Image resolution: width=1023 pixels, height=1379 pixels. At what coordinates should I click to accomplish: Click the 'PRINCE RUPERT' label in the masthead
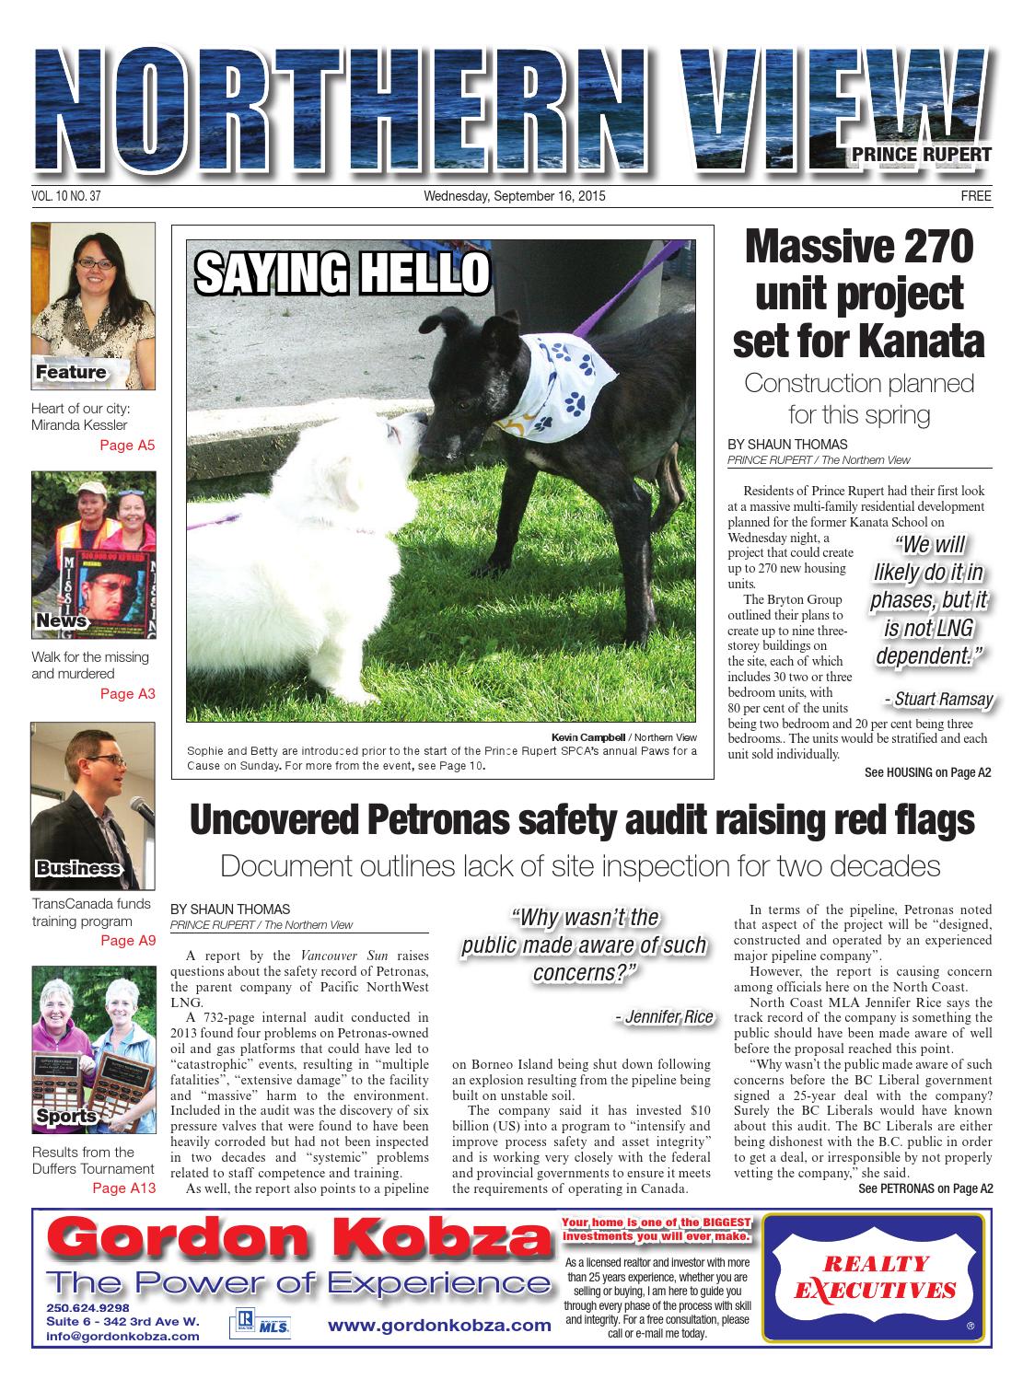coord(926,155)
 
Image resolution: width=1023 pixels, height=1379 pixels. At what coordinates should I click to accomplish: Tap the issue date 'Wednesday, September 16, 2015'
coord(514,196)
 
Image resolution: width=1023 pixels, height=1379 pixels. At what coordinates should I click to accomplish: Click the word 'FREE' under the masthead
coord(976,196)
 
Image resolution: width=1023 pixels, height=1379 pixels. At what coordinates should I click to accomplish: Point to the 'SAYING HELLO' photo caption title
coord(342,272)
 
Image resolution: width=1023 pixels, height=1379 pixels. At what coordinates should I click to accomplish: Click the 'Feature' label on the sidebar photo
coord(71,373)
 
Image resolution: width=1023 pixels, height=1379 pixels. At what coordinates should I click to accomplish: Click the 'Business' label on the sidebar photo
coord(78,868)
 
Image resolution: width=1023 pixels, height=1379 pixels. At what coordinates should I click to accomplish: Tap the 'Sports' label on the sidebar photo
coord(66,1117)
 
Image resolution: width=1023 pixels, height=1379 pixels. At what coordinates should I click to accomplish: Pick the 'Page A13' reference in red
coord(123,1188)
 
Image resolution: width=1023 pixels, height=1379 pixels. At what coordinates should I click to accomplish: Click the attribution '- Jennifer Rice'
coord(663,1016)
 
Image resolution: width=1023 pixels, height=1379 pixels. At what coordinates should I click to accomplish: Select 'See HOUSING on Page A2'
coord(927,773)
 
